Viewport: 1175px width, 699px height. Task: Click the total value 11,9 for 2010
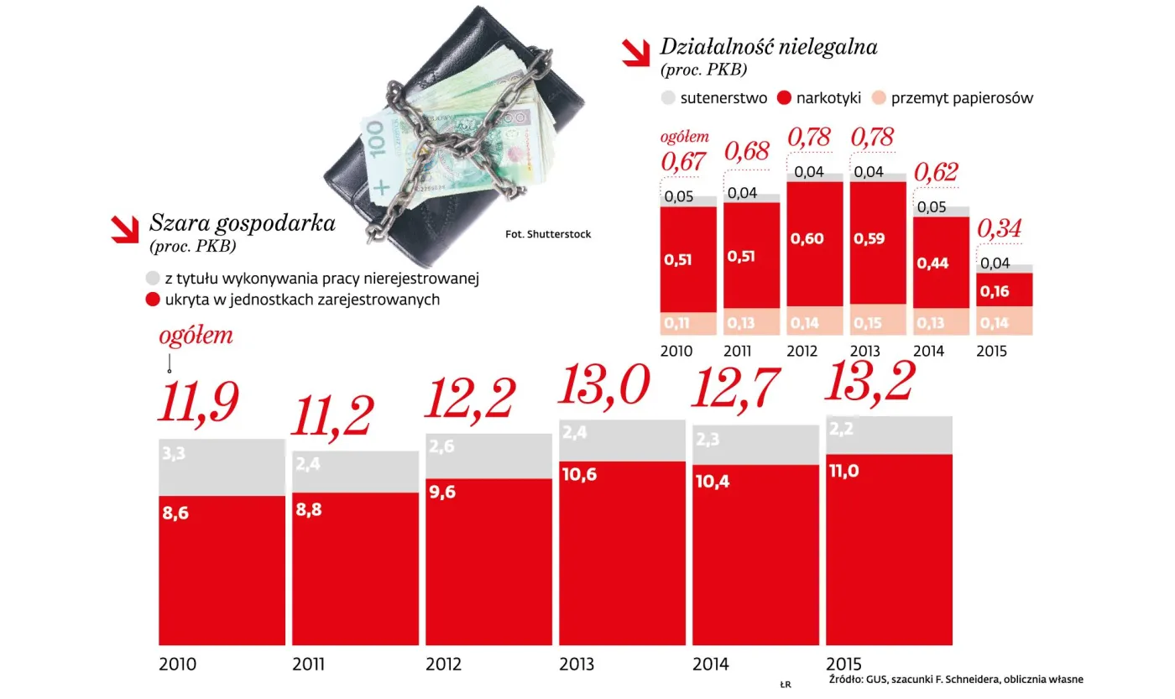coord(199,402)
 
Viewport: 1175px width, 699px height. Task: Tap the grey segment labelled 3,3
coord(222,467)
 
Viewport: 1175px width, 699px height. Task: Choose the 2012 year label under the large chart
coord(444,665)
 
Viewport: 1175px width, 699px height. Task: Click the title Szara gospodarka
coord(242,223)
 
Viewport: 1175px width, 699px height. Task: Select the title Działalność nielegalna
coord(768,46)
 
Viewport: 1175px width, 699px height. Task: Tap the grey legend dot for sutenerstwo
coord(668,97)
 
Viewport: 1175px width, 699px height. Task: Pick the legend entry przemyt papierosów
coord(962,97)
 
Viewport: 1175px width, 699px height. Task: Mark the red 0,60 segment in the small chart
coord(813,243)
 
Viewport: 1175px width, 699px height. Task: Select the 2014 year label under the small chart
coord(928,351)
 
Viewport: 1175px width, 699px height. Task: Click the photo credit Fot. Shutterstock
coord(548,234)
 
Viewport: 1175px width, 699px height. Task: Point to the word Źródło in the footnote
coord(846,679)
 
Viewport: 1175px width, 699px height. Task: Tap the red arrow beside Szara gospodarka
coord(126,228)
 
